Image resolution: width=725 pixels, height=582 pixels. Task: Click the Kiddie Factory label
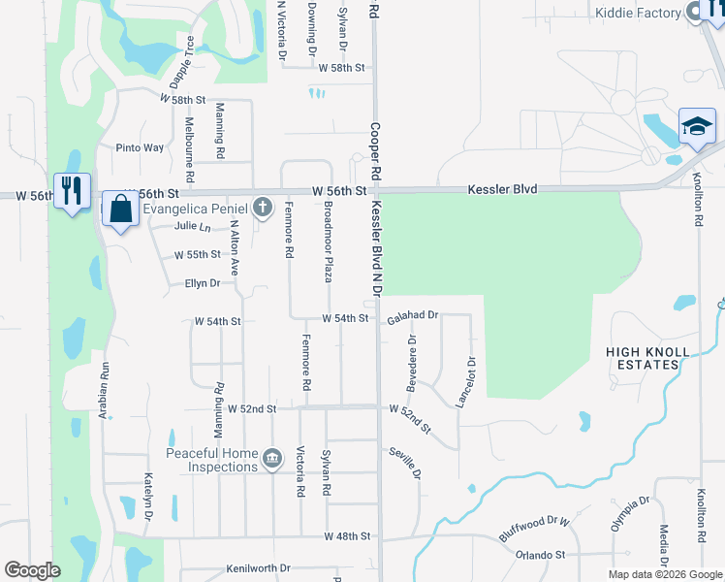click(x=640, y=13)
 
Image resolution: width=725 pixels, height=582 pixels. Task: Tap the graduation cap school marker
click(x=696, y=127)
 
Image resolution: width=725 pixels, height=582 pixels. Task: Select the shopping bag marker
click(x=120, y=210)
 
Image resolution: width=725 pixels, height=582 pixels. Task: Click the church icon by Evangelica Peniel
click(x=261, y=207)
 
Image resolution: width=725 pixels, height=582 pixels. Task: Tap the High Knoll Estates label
click(x=647, y=358)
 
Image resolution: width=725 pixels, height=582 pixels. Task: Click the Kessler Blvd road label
click(x=502, y=189)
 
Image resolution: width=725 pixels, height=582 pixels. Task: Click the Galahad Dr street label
click(x=414, y=316)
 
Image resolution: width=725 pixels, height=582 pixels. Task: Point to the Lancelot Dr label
click(x=472, y=380)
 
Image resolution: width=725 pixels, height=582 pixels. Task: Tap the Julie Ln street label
click(x=192, y=227)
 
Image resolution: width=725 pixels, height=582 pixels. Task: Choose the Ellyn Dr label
click(x=203, y=283)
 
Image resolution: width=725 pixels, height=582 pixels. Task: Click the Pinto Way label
click(x=140, y=148)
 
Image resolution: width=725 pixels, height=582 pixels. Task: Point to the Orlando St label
click(x=540, y=555)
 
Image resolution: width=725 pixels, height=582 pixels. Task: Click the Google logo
click(x=32, y=570)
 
